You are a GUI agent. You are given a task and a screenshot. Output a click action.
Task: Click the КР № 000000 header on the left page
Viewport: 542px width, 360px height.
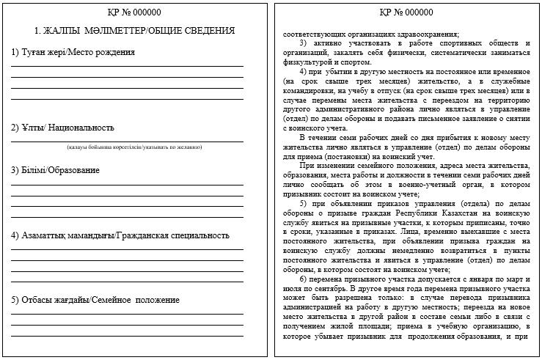click(x=135, y=12)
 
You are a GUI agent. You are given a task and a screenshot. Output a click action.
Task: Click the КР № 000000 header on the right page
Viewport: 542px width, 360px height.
click(x=406, y=12)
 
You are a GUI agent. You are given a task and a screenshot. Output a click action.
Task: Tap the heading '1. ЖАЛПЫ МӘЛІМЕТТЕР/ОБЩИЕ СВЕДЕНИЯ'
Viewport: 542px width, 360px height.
click(x=135, y=31)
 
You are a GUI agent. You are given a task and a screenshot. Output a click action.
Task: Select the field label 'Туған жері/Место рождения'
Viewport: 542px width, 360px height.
click(x=73, y=53)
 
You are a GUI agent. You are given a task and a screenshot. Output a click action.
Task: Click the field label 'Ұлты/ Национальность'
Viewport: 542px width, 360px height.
click(x=63, y=128)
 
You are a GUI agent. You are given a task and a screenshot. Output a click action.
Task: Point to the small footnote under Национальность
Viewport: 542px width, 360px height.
click(x=135, y=147)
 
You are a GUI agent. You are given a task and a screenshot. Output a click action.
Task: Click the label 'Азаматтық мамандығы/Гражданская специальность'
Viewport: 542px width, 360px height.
click(x=120, y=235)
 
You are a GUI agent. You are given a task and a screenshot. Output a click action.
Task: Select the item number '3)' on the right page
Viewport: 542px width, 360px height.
click(x=304, y=44)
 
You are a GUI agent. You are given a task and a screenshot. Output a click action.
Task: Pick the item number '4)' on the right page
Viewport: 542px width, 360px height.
click(x=304, y=72)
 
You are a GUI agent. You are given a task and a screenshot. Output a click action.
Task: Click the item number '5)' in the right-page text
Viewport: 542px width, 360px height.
click(x=304, y=202)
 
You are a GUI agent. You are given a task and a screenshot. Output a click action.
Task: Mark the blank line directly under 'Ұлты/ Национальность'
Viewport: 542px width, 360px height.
click(x=126, y=140)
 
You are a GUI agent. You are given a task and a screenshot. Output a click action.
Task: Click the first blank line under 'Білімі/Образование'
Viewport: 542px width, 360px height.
click(x=126, y=183)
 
